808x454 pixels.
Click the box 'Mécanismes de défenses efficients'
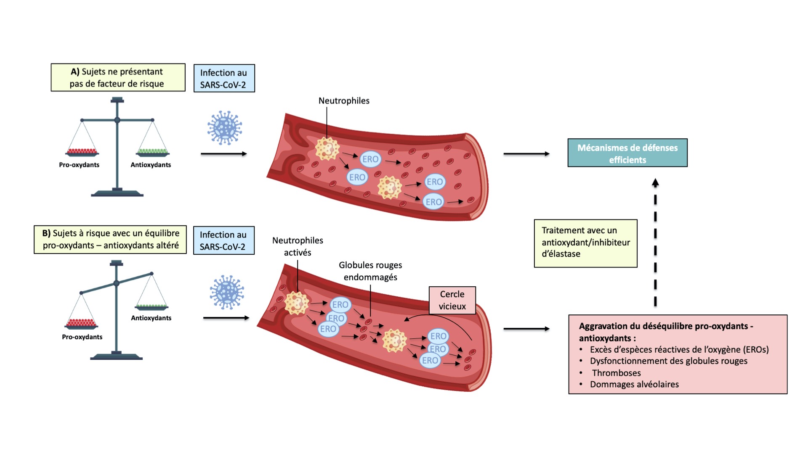627,153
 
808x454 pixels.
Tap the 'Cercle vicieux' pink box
452,300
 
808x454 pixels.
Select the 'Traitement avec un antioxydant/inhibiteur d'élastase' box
585,243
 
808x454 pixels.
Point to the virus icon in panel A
225,128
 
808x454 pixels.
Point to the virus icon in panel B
227,292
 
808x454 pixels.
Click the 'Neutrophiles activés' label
298,246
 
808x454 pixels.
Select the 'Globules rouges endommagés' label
370,271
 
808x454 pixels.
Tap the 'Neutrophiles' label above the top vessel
344,101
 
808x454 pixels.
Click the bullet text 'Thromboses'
616,373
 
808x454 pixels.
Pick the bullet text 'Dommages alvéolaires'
634,384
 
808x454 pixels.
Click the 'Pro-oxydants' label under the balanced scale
79,165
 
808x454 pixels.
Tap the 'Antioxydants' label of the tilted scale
151,318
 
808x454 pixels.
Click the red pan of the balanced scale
82,152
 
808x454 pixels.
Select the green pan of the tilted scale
151,306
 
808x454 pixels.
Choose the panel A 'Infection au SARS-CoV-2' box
224,79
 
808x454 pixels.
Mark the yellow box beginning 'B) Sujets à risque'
110,239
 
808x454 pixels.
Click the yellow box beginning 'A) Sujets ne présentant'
118,77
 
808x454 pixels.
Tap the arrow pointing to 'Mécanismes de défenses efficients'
526,154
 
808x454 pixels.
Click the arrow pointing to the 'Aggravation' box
526,329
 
